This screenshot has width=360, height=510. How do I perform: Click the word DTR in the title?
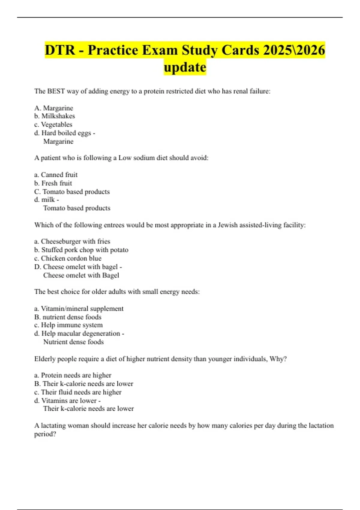tap(60, 50)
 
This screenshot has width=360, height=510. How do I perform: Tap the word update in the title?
tap(185, 67)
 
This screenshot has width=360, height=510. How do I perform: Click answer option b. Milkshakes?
tap(55, 116)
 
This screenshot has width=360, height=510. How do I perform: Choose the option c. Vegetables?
tap(53, 124)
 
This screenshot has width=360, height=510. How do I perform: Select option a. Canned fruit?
tap(56, 175)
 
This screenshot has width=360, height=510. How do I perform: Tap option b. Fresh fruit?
tap(53, 183)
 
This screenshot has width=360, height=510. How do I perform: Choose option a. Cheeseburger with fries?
tap(72, 241)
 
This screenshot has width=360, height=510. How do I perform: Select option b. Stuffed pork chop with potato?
tap(81, 250)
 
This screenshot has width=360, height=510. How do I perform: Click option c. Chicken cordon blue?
tap(68, 258)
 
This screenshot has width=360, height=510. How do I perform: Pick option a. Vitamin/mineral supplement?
tap(79, 309)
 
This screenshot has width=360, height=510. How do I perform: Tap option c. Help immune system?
tap(68, 325)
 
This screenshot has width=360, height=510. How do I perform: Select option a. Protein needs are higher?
tap(73, 375)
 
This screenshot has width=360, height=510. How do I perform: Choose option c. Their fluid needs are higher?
tap(78, 392)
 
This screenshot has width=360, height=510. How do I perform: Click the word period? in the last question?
tap(45, 434)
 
